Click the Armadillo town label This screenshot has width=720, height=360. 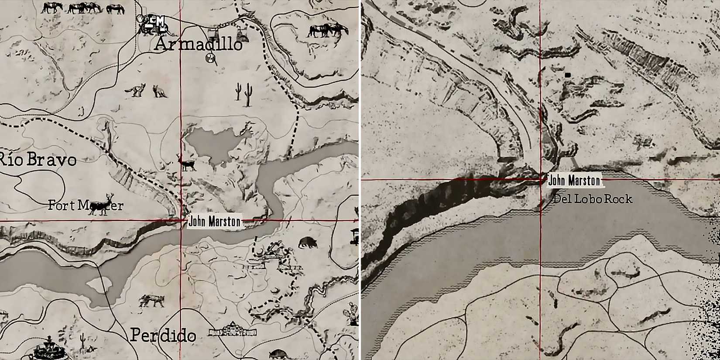tap(199, 45)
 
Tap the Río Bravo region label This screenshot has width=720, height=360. tap(38, 160)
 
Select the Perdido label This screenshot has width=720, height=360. tap(163, 336)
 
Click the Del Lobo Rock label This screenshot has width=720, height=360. tap(593, 199)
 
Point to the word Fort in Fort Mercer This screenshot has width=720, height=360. tap(62, 205)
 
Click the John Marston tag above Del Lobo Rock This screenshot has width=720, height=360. tap(574, 180)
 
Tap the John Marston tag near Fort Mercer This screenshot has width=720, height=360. tap(214, 222)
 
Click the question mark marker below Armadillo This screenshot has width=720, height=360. tap(211, 58)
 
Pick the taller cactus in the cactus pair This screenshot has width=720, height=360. tap(248, 94)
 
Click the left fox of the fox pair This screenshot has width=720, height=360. tap(136, 90)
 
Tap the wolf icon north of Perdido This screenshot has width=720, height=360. tap(151, 300)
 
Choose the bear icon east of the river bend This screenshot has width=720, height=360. tap(308, 242)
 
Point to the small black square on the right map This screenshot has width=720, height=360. tap(567, 75)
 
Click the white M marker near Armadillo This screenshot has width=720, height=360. tap(160, 21)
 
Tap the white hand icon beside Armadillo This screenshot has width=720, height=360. tap(140, 19)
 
